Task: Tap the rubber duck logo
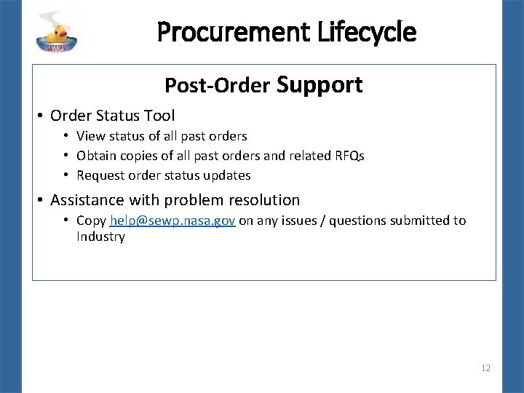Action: (x=57, y=31)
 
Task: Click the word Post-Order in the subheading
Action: (x=216, y=87)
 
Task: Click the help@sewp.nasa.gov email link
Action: (x=172, y=221)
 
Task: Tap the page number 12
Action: (x=485, y=368)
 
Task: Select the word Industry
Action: (x=100, y=237)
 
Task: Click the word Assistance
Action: (x=86, y=199)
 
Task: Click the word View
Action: (x=90, y=136)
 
